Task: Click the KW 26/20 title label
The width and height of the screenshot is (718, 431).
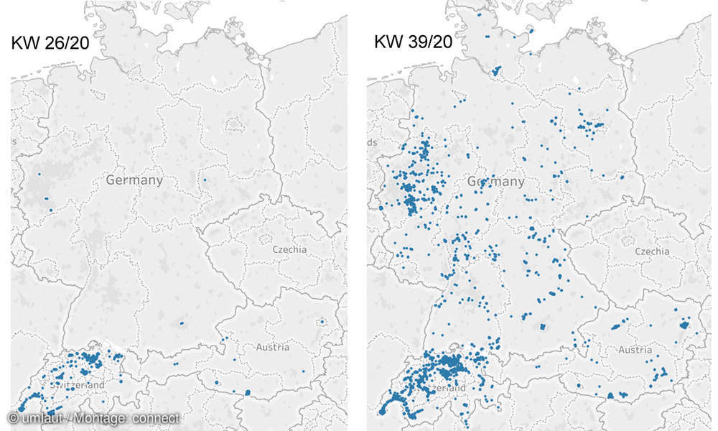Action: pyautogui.click(x=50, y=42)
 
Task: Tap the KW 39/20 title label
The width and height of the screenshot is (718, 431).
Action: pyautogui.click(x=413, y=42)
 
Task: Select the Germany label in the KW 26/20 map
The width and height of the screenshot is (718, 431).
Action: pyautogui.click(x=134, y=180)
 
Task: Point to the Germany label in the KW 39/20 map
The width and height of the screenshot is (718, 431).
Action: pyautogui.click(x=496, y=182)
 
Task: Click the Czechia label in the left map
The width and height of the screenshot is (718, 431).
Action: pyautogui.click(x=289, y=249)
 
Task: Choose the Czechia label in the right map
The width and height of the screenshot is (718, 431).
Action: pyautogui.click(x=652, y=251)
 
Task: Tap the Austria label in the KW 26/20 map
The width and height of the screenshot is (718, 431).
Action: pyautogui.click(x=273, y=347)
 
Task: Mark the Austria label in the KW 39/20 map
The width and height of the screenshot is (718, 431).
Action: pyautogui.click(x=635, y=350)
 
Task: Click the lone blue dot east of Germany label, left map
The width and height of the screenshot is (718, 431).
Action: pyautogui.click(x=205, y=180)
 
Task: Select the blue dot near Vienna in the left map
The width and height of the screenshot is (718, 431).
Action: pyautogui.click(x=322, y=321)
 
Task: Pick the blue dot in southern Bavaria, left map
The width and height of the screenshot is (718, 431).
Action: pyautogui.click(x=181, y=323)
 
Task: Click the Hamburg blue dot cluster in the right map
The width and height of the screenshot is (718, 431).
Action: pyautogui.click(x=496, y=70)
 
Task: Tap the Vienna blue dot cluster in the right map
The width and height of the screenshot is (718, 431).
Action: pyautogui.click(x=684, y=325)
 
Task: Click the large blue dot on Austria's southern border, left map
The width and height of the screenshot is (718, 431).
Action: pyautogui.click(x=247, y=392)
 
